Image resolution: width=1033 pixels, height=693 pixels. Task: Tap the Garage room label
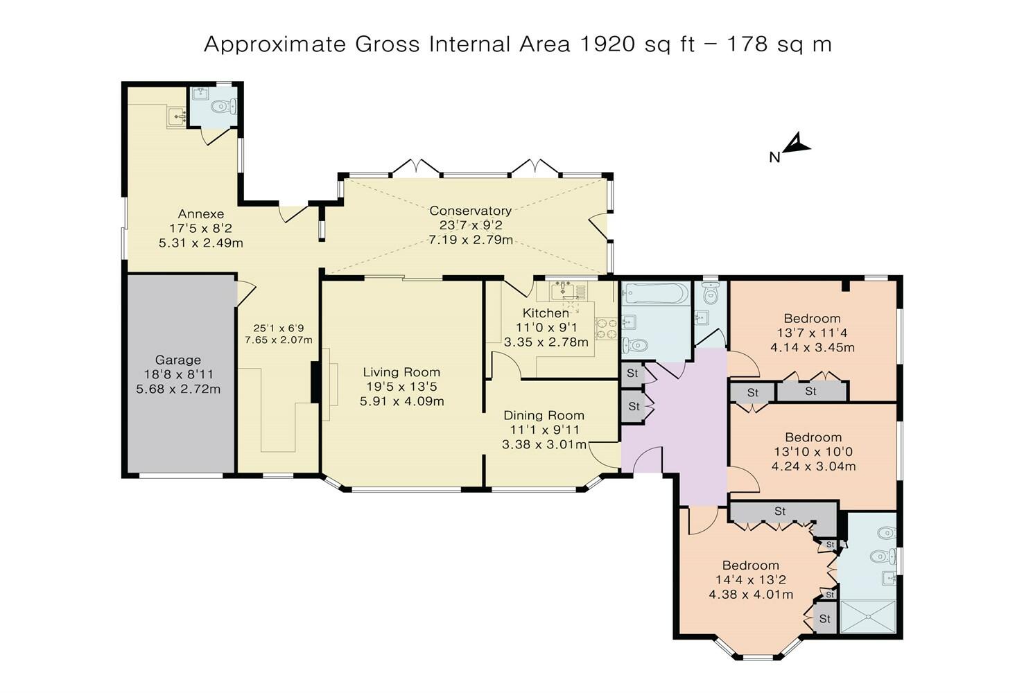(178, 360)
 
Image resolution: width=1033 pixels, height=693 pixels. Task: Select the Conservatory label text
(470, 211)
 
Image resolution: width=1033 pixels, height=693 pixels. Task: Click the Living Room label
(401, 372)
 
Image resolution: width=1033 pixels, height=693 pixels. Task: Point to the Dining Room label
(544, 415)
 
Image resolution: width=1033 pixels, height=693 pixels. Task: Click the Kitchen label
(546, 313)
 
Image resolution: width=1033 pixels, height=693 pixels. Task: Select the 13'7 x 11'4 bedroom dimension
(812, 333)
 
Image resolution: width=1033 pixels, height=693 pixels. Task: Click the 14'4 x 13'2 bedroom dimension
(751, 579)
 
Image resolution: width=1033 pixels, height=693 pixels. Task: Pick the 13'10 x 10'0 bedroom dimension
(813, 452)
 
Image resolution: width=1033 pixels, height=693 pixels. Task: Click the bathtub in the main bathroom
(654, 293)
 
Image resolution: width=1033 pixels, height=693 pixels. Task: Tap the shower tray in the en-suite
(868, 616)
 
